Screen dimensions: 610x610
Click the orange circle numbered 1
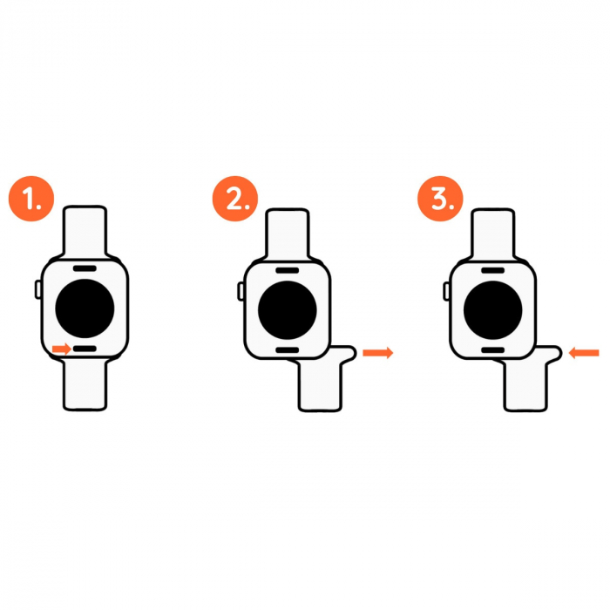pos(31,199)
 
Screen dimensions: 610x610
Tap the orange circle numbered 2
pos(235,199)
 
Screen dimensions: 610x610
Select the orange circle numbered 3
pos(440,199)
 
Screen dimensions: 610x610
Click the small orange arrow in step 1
pos(62,349)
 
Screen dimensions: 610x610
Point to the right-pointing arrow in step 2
pos(377,353)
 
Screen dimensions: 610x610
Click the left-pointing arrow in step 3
pos(584,353)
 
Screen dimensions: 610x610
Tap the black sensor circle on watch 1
pos(85,308)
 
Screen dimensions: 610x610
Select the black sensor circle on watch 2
pos(287,310)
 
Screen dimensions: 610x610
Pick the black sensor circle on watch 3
pos(492,310)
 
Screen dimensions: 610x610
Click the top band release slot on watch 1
pos(85,268)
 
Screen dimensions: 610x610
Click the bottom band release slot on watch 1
pos(85,349)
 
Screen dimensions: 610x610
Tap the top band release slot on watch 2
pos(287,270)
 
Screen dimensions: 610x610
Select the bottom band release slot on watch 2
pos(287,350)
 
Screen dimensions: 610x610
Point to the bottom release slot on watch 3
pos(492,350)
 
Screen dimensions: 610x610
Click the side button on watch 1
pos(38,289)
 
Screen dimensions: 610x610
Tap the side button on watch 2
pos(241,291)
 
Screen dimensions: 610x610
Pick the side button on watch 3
pos(446,291)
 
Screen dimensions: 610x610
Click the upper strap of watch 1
pos(85,233)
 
